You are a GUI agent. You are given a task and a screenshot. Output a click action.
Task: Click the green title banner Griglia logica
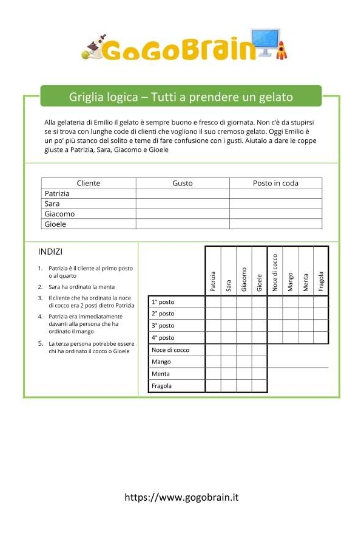pos(181,97)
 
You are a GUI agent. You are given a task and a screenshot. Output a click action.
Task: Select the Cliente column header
pos(89,183)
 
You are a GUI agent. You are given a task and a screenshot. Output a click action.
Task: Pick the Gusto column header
pos(183,183)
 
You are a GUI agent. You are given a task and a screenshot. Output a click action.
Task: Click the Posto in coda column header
pos(275,183)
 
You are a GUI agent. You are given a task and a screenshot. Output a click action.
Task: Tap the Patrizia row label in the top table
pos(58,193)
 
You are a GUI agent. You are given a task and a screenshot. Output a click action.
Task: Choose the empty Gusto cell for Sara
pos(183,204)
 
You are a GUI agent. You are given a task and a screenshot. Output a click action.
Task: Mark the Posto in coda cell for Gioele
pos(275,224)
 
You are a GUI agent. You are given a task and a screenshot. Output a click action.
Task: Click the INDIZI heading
pos(50,252)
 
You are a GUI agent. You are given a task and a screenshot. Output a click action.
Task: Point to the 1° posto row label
pos(163,302)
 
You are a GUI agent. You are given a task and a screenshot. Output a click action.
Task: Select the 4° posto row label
pos(163,338)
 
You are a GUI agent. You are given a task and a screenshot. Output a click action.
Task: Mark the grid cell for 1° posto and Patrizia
pos(213,302)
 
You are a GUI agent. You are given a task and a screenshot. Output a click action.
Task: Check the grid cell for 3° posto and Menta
pos(306,326)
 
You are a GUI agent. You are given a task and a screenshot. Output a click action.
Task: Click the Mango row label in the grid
pos(161,362)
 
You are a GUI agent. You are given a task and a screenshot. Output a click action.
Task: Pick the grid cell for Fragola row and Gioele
pos(259,386)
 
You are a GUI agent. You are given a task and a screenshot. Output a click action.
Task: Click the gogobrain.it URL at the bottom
pos(181,497)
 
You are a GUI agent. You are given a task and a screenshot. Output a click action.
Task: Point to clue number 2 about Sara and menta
pos(81,286)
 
